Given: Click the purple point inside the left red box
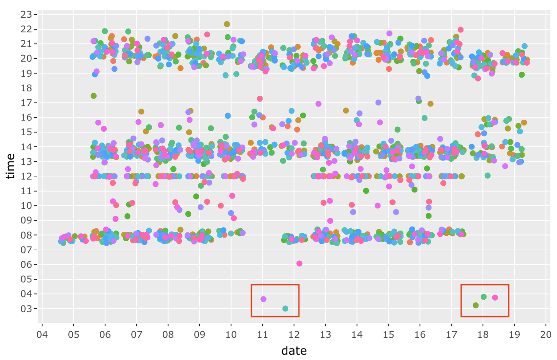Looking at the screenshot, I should (x=263, y=299).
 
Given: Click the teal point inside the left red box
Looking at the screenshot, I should (x=285, y=309).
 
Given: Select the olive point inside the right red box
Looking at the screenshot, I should (x=475, y=305).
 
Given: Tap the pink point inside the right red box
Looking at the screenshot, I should (x=495, y=297).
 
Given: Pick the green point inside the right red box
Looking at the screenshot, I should (x=483, y=297).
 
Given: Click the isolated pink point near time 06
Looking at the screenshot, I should (x=299, y=263).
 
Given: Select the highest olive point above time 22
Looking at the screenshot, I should (x=227, y=24).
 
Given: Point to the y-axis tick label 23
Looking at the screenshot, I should (x=27, y=15).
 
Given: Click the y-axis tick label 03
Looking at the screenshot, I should (x=27, y=309).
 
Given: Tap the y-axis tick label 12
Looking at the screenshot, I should (x=27, y=176).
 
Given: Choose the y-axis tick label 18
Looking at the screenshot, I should (x=27, y=88).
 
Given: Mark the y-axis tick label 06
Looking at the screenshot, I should (x=27, y=265).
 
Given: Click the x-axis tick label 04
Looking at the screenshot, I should (x=42, y=334).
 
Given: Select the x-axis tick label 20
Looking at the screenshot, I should (x=545, y=334).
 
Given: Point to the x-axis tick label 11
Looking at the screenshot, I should (x=263, y=334).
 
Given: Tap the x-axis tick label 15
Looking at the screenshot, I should (x=388, y=334).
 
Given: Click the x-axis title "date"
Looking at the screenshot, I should (x=294, y=351).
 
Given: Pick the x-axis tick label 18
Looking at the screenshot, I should (x=482, y=334).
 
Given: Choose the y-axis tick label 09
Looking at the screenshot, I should (x=27, y=220).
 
